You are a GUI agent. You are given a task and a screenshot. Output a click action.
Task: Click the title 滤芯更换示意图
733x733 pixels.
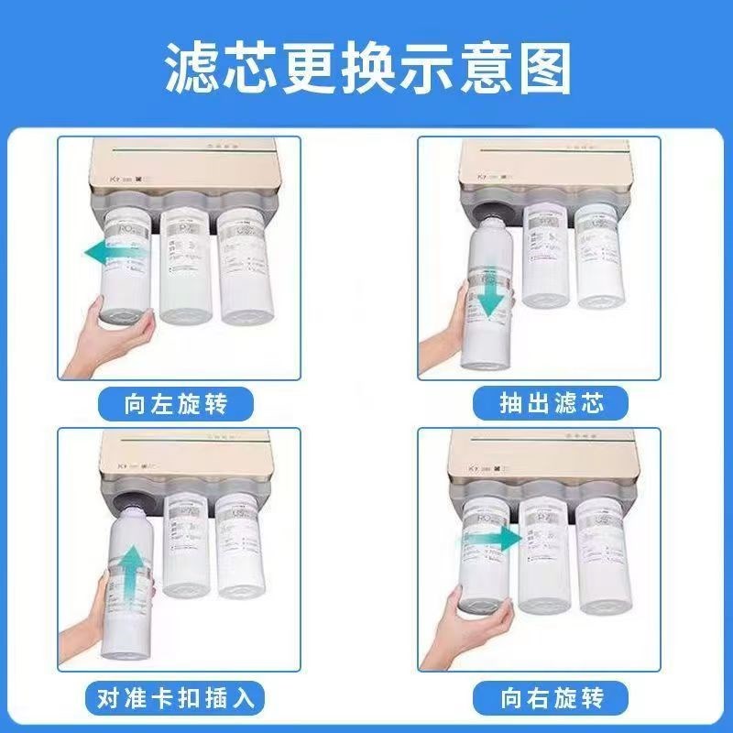(366, 66)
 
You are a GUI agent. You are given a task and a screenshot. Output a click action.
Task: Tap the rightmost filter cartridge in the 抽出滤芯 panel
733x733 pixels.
(600, 252)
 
